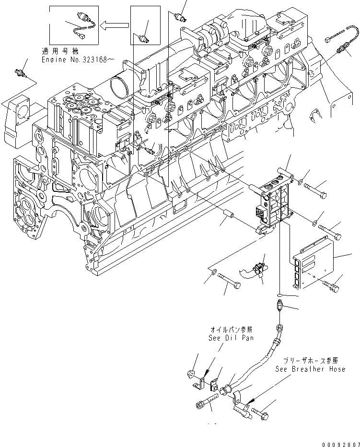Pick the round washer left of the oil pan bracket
[191, 374]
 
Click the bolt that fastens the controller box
[331, 286]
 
